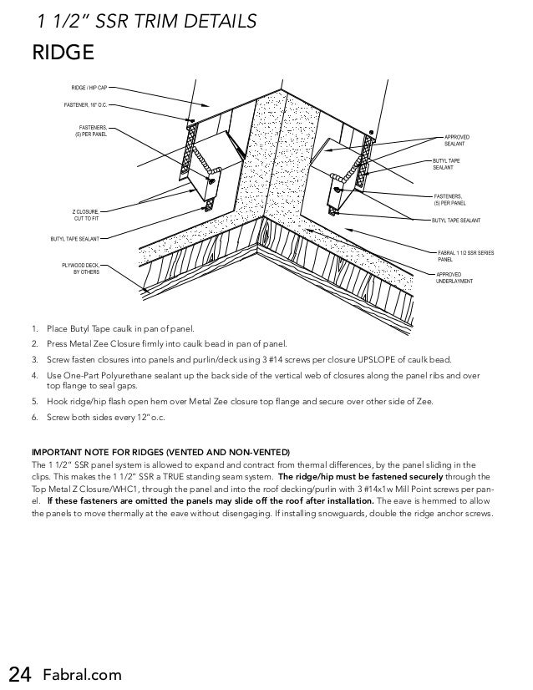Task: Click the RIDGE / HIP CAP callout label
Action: point(88,88)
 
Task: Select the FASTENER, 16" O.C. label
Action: point(87,106)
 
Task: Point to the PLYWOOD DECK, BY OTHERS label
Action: point(81,268)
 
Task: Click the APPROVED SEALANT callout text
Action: point(457,140)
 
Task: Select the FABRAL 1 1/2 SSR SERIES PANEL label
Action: point(466,256)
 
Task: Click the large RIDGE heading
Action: point(63,54)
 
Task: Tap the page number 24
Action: point(20,673)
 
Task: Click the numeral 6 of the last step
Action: point(33,415)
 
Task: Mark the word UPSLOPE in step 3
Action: point(371,359)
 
